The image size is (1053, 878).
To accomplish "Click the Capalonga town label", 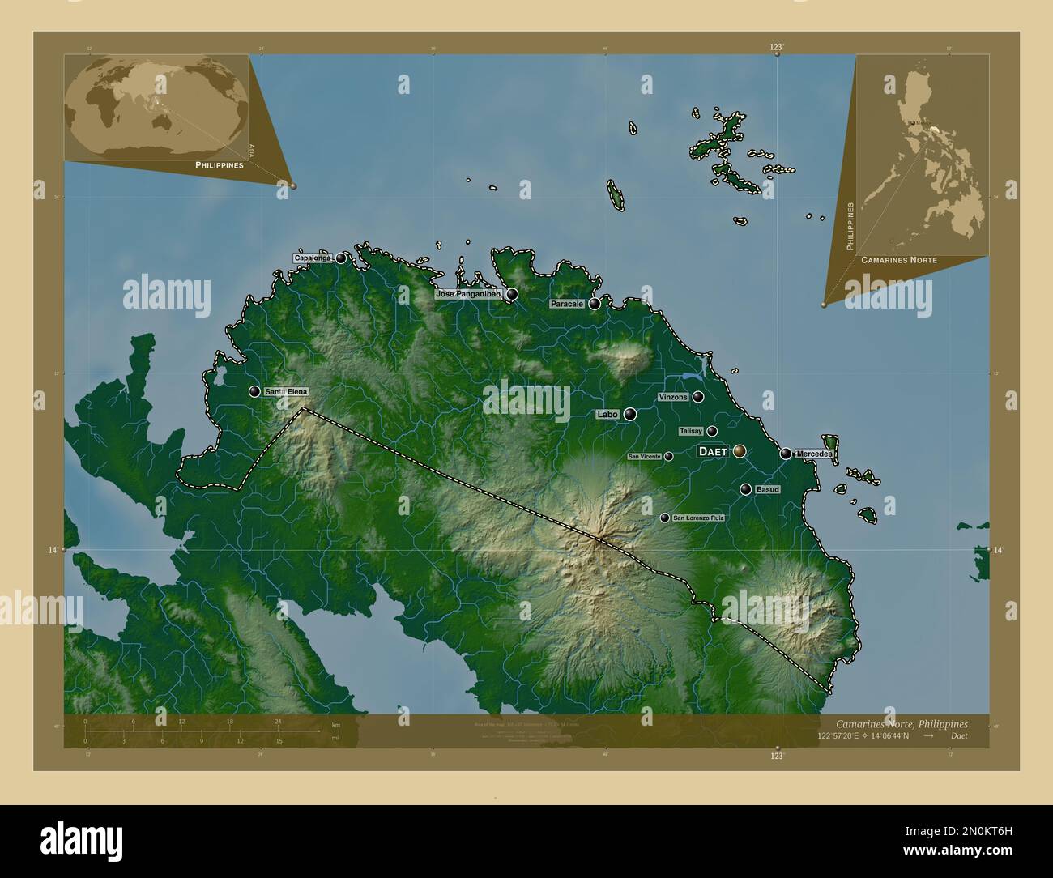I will coord(313,258).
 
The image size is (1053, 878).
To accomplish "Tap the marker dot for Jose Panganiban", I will coord(513,294).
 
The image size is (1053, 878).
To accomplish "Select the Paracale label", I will coord(567,304).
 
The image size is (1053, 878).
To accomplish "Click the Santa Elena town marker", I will coord(255,392).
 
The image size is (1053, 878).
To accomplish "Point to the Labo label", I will coord(607,414).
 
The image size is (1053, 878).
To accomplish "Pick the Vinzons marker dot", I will coord(698,397).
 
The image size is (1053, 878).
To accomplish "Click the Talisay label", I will coord(691,431).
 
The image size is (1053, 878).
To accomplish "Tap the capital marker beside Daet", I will coord(740,451).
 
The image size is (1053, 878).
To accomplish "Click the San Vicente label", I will coord(645,457).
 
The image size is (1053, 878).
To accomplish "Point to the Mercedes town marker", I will coord(786,454).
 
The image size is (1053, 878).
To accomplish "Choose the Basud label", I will coord(767,489).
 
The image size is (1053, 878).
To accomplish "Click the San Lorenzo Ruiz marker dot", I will coord(665,518).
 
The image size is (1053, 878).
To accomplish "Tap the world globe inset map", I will coord(156,108).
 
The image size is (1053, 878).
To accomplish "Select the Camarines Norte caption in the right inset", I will coord(899,260).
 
